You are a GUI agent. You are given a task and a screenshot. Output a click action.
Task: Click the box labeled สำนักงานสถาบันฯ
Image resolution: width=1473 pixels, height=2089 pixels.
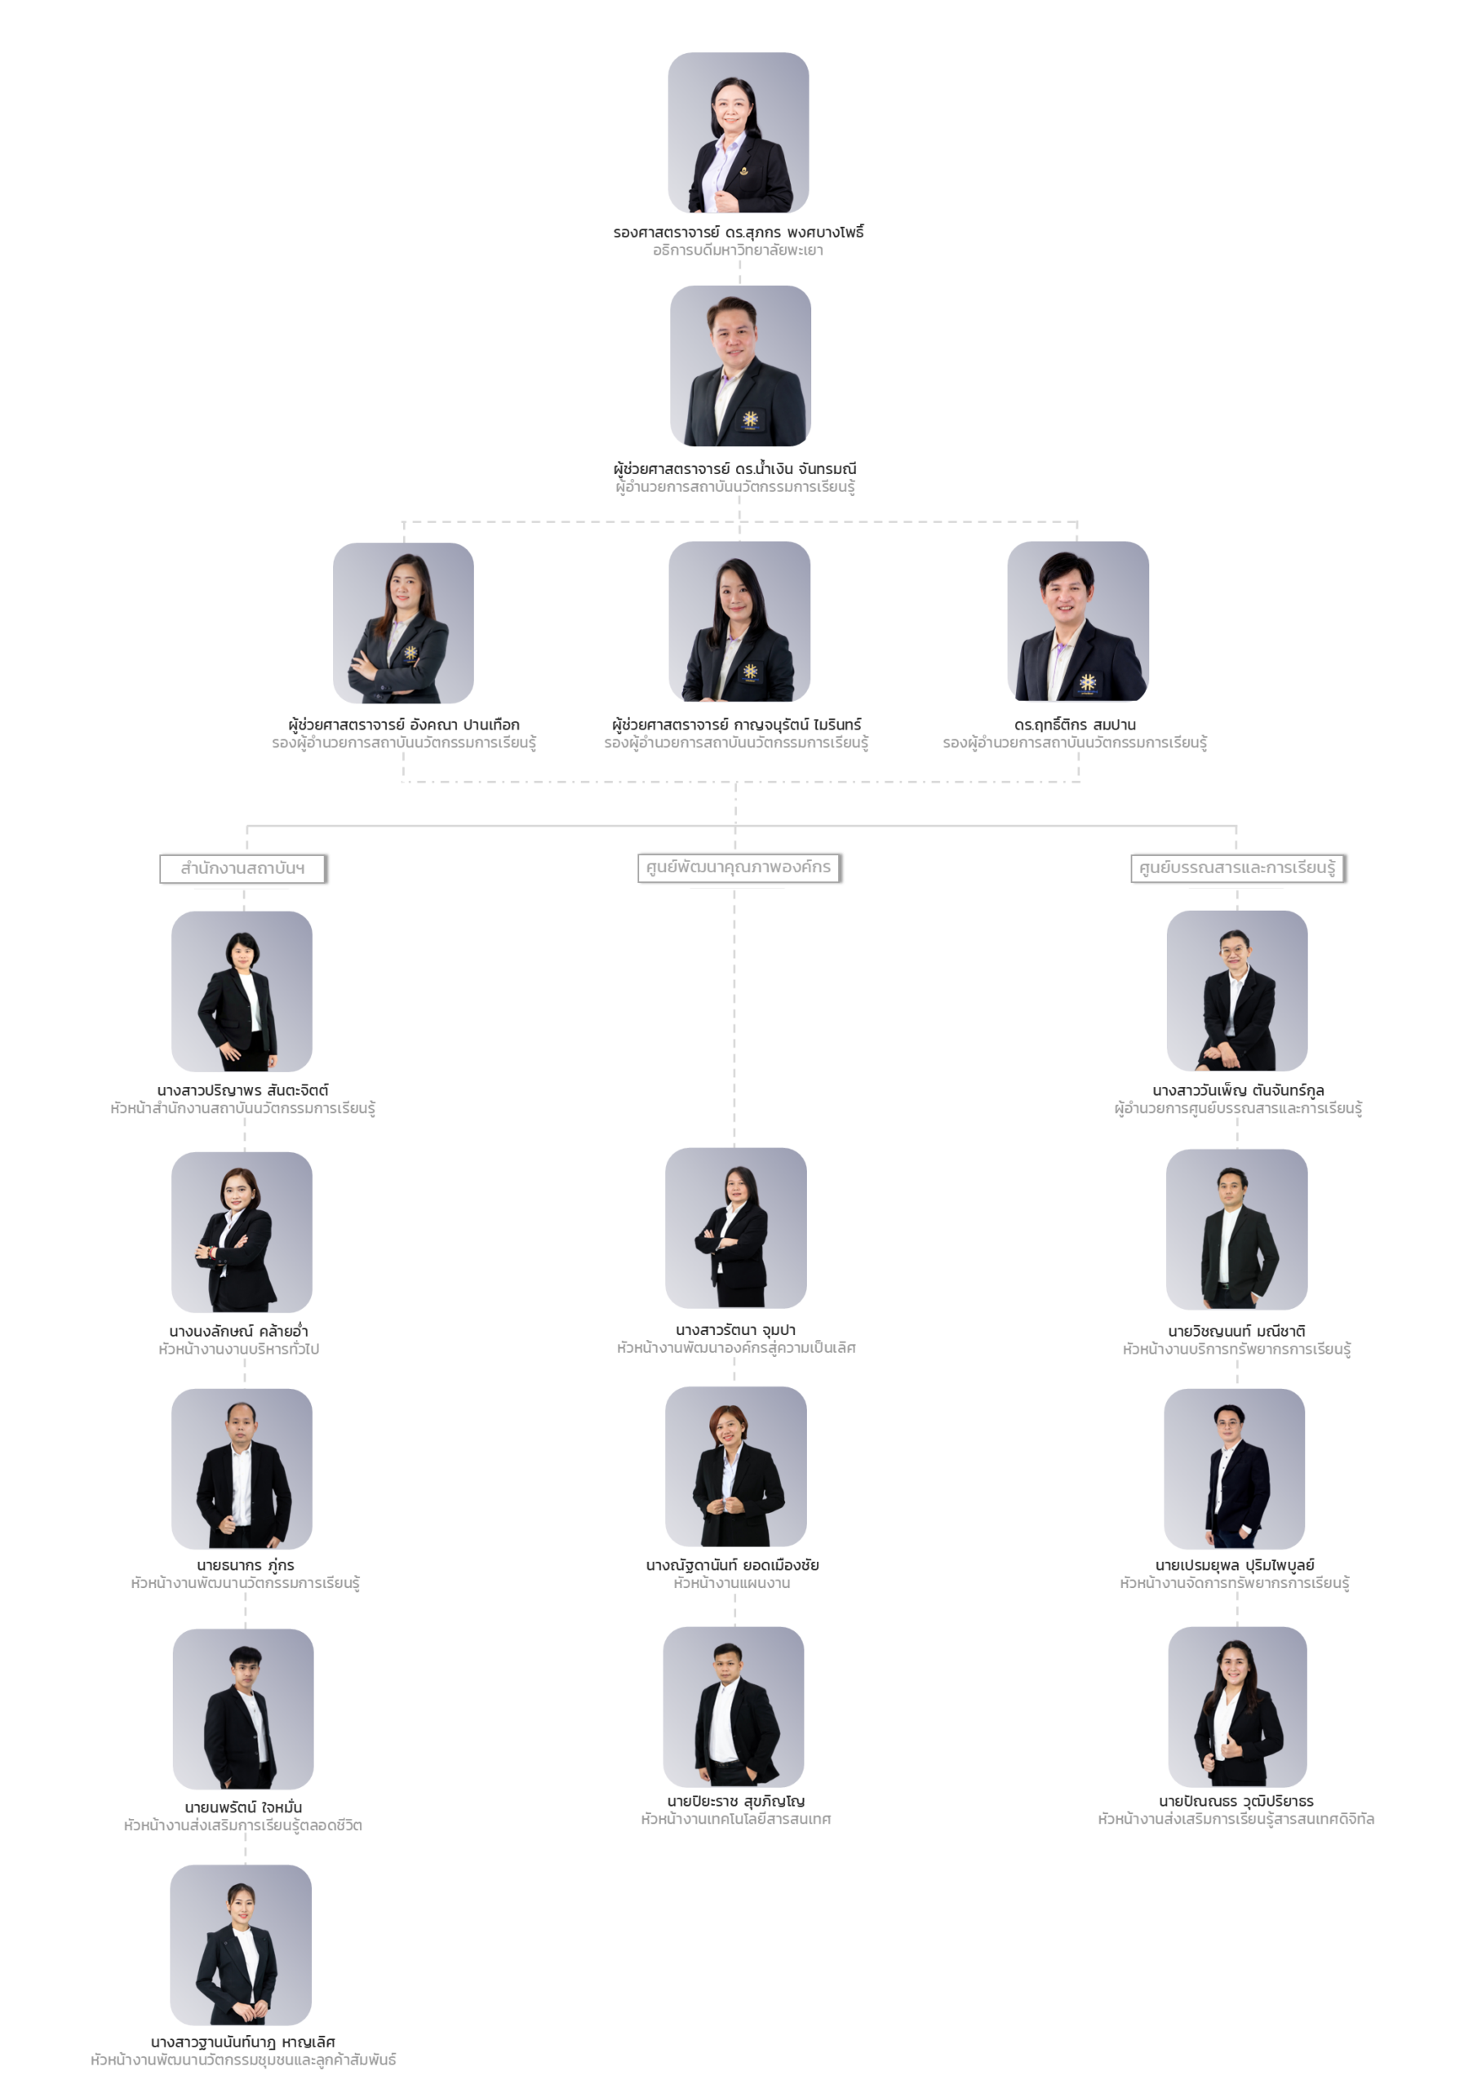click(243, 869)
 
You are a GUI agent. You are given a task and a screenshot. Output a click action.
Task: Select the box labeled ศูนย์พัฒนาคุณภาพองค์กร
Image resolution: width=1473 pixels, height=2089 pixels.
click(738, 868)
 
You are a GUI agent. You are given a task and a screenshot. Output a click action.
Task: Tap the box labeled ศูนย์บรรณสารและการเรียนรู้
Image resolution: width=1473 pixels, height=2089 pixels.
click(1237, 869)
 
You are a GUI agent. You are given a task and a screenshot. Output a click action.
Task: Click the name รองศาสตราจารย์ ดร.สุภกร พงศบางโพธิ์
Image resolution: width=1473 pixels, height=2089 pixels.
click(738, 232)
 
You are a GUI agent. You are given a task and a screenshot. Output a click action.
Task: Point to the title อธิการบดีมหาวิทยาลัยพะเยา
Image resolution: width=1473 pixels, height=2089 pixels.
click(738, 251)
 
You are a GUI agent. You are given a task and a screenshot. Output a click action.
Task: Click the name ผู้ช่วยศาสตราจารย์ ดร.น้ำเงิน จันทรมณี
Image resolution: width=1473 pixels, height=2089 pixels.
click(735, 468)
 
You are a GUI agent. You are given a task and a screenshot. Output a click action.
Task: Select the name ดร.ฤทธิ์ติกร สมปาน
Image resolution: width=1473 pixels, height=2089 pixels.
click(1075, 725)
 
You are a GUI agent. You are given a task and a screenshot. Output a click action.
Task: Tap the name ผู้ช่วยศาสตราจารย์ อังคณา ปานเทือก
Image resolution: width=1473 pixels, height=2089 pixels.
click(404, 725)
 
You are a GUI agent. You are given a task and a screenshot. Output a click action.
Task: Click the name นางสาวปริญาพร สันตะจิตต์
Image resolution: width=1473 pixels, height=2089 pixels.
click(243, 1090)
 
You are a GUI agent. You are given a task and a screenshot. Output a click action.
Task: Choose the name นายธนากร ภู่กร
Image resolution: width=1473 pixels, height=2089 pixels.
click(245, 1565)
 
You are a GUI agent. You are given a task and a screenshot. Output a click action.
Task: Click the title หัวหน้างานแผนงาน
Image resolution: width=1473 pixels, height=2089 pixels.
click(731, 1583)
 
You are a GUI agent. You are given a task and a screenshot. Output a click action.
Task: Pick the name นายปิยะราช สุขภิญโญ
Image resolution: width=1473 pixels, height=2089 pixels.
click(735, 1802)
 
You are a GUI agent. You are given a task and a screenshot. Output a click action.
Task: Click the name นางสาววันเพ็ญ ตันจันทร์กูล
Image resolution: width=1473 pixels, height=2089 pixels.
click(1238, 1090)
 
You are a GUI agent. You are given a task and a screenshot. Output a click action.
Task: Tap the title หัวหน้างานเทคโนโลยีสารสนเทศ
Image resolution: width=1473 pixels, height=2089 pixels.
click(735, 1820)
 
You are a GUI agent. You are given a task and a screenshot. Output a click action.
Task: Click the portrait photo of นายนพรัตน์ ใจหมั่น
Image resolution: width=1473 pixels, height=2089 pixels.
click(243, 1709)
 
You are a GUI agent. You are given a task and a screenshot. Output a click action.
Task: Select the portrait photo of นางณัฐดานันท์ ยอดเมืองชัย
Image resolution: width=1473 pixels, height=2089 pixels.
click(735, 1466)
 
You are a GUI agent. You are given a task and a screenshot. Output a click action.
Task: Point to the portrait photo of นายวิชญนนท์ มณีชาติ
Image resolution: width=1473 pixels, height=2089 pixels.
click(1236, 1229)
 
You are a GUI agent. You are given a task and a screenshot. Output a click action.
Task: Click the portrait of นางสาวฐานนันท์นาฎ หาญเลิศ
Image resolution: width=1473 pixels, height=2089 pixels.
click(241, 1945)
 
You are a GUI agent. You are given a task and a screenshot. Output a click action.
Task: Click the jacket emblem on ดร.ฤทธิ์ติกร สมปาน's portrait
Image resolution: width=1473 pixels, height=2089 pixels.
click(1087, 682)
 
